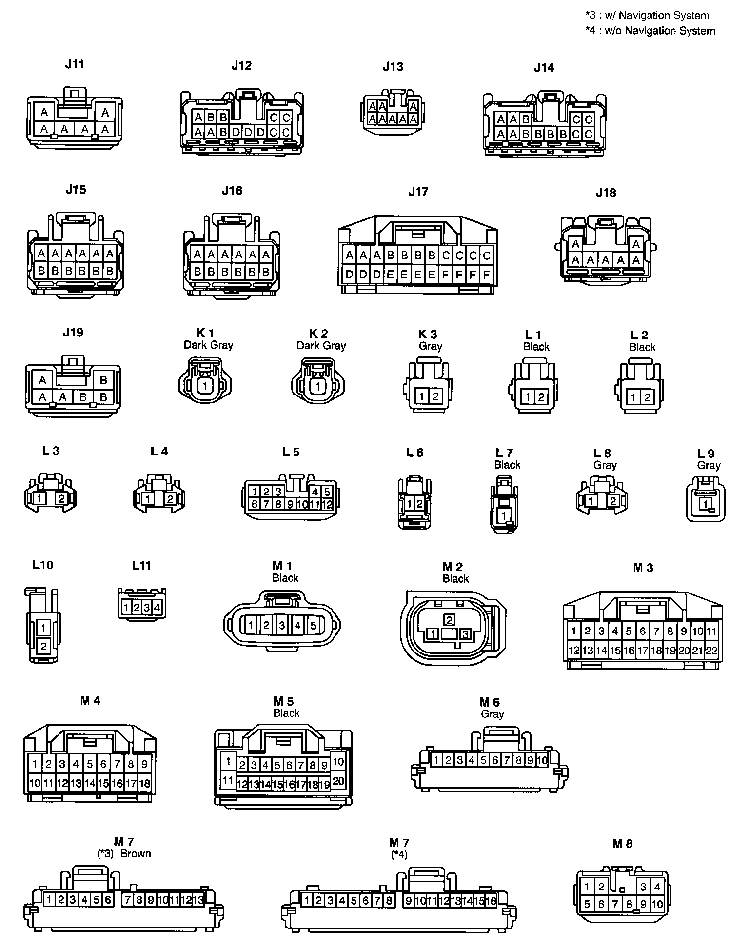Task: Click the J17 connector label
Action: [x=418, y=192]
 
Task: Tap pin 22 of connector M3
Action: [x=712, y=650]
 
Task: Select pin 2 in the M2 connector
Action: [x=449, y=620]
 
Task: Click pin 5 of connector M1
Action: [x=313, y=625]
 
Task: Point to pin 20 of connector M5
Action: [x=338, y=781]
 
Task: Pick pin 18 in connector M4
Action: [x=145, y=784]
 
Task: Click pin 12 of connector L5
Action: [x=327, y=504]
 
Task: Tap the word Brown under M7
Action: [x=136, y=853]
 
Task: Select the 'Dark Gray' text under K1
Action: [x=208, y=345]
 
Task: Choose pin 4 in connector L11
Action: [x=157, y=608]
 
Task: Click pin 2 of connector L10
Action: [x=43, y=647]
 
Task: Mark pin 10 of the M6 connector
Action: [x=543, y=760]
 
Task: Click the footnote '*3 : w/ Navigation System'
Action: [x=647, y=15]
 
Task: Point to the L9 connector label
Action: [x=706, y=454]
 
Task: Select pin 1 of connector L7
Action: [x=504, y=515]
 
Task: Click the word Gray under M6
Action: [x=492, y=714]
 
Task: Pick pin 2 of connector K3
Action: [x=435, y=396]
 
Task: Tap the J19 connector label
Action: [x=73, y=333]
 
